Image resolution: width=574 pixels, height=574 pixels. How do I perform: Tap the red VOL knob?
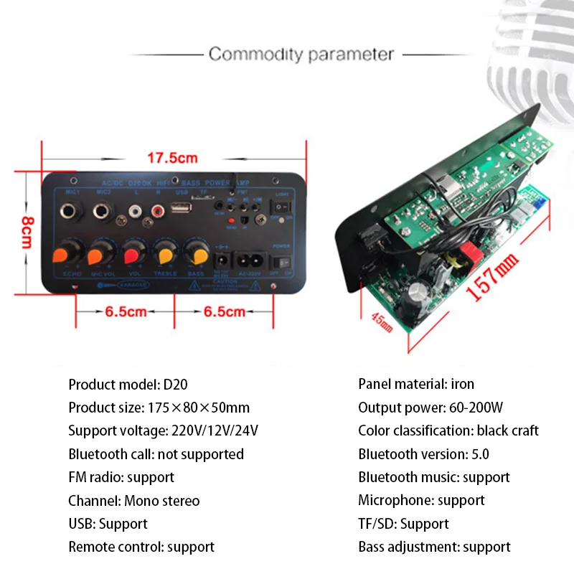(132, 254)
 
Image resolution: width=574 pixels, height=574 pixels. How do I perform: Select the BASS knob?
(194, 253)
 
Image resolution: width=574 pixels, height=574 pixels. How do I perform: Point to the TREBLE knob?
(165, 254)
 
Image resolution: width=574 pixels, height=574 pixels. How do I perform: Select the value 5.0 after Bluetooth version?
(479, 453)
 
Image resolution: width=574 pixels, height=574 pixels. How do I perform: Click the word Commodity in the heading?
(250, 54)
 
